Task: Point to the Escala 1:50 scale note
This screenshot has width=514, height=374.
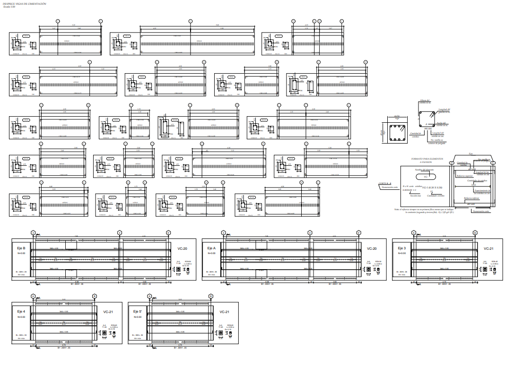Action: pos(9,7)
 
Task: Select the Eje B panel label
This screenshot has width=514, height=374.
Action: pos(20,248)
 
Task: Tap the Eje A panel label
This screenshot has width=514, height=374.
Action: pos(211,248)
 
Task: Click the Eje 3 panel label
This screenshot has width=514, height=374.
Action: pos(401,248)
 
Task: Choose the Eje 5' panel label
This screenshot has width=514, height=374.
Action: pos(138,312)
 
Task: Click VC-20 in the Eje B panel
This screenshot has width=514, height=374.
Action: pos(183,248)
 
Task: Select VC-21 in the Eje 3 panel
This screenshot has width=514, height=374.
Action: pos(488,248)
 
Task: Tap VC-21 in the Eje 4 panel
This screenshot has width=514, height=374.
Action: pos(108,312)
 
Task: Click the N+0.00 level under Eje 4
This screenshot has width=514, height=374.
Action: pos(21,317)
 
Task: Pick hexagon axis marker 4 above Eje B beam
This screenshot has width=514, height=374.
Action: pos(120,232)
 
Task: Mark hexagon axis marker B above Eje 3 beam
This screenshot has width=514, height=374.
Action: pos(475,232)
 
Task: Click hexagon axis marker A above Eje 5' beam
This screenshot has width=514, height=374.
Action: pos(150,296)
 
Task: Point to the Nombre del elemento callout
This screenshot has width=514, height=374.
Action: pos(425,170)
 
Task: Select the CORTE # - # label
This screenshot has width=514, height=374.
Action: pos(385,183)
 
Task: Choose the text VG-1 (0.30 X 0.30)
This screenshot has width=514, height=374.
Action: pos(432,188)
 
